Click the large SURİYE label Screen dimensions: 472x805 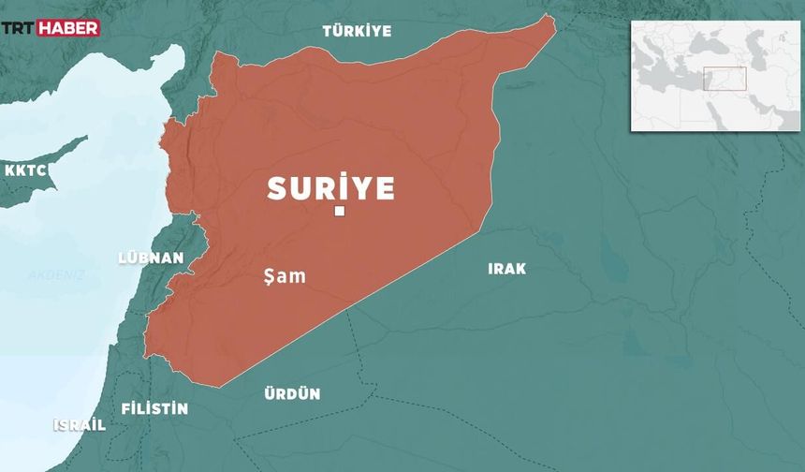point(330,188)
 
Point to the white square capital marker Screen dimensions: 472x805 point(340,212)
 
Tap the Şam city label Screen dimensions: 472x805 point(285,276)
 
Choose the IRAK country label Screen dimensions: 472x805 point(506,269)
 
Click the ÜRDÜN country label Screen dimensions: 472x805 point(292,394)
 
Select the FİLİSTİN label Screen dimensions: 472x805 point(154,409)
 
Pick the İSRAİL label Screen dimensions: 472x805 point(79,424)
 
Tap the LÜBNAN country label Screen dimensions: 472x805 point(151,258)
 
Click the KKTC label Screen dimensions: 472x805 point(25,171)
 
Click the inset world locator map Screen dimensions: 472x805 point(715,75)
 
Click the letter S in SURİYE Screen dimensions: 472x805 point(276,188)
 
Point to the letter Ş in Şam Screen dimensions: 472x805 point(271,277)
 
